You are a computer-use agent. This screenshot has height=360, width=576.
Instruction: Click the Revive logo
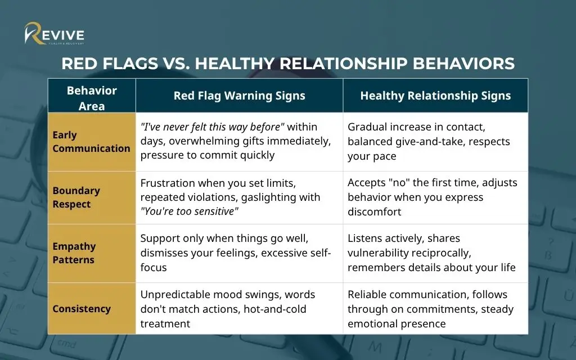point(54,34)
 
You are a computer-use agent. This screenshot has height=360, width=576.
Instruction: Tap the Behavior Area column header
point(92,98)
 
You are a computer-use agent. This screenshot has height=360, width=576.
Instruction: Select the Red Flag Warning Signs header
point(239,96)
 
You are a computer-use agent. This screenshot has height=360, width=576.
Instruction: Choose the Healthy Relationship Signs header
point(435,96)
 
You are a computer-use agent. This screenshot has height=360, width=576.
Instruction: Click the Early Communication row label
point(91,142)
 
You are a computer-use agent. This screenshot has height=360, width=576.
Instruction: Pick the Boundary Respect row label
point(76,197)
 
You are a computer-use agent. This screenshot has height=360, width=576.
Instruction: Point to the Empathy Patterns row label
point(74,253)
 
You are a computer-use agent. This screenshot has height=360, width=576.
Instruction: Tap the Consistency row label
point(82,309)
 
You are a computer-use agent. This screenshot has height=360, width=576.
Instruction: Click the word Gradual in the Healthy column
point(367,127)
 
